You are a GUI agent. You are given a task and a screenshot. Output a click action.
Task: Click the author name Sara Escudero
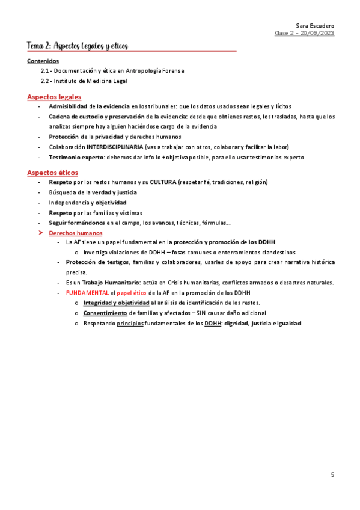pos(315,25)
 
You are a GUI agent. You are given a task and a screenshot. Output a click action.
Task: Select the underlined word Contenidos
pos(43,61)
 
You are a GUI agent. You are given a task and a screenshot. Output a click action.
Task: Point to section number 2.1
pos(46,71)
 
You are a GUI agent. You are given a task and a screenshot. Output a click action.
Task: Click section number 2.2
pos(46,81)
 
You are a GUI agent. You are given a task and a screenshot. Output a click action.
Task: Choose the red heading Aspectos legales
pos(54,97)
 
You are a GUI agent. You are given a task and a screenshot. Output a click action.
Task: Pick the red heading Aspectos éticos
pos(52,173)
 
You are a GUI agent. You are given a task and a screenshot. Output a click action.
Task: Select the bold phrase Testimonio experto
pos(76,157)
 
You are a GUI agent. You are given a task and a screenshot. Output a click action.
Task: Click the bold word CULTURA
pos(163,182)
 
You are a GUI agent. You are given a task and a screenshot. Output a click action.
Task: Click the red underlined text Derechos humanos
pos(75,233)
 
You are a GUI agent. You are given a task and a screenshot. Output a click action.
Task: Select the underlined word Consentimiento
pos(105,313)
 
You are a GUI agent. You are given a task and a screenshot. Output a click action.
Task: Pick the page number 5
pos(332,475)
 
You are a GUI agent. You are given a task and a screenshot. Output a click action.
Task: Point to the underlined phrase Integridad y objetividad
pos(116,303)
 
